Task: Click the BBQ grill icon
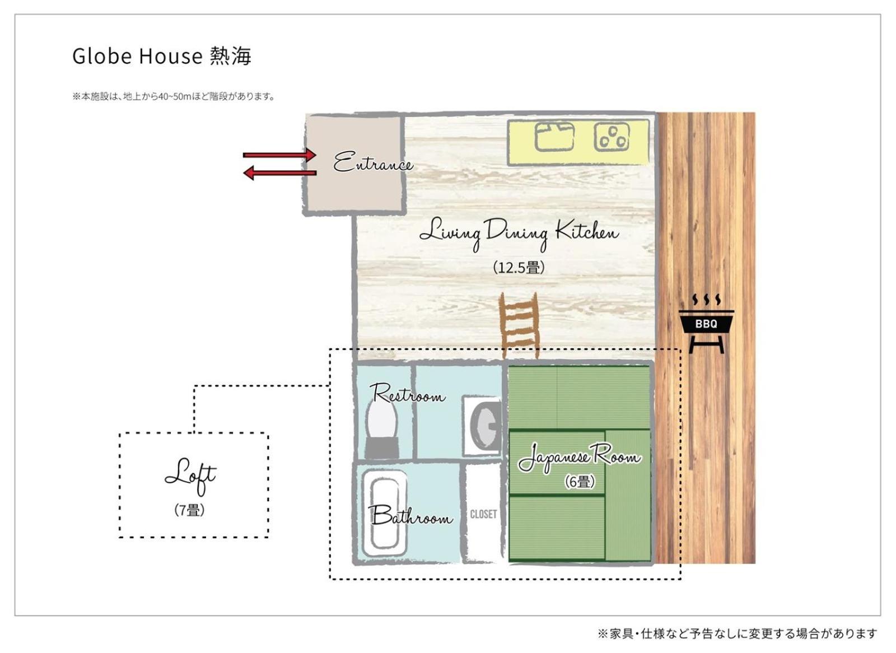pos(706,324)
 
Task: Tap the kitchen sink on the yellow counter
pos(555,137)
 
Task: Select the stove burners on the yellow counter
pos(612,137)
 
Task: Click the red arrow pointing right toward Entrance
pos(279,155)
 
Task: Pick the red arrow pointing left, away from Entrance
pos(279,173)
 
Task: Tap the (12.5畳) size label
pos(519,267)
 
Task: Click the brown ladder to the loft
pos(519,326)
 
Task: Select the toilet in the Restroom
pos(381,430)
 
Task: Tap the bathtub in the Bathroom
pos(385,514)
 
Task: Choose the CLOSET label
pos(484,514)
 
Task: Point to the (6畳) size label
pos(580,482)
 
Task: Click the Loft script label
pos(190,477)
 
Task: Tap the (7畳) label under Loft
pos(190,510)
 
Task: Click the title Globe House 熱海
pos(162,55)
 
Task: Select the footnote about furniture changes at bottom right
pos(737,634)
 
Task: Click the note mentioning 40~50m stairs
pos(174,96)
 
